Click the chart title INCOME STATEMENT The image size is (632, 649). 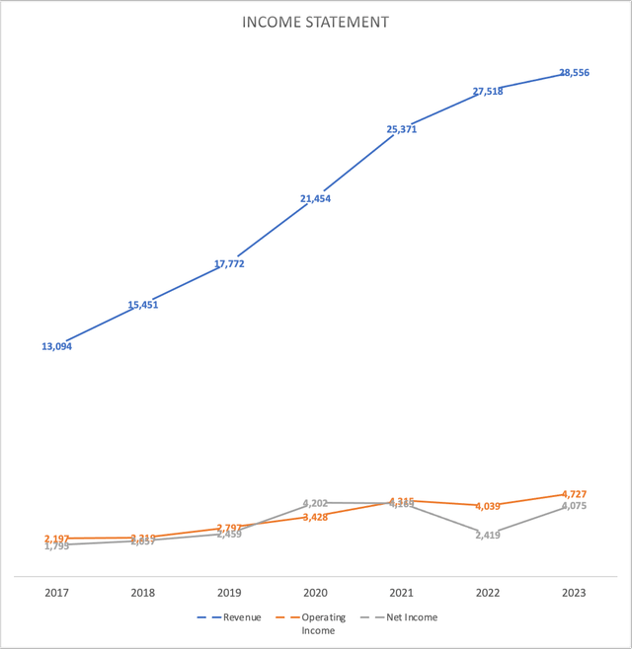[x=315, y=22]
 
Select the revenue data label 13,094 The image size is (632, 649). [x=56, y=346]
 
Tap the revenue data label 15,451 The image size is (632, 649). [x=142, y=305]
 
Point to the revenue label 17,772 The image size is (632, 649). [x=228, y=263]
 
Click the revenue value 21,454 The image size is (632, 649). [x=315, y=198]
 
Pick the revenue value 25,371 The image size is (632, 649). [x=401, y=129]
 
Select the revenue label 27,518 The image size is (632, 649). [x=488, y=92]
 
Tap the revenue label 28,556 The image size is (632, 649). [x=574, y=73]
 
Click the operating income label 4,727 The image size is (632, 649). [x=574, y=493]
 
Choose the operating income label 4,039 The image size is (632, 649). [x=488, y=506]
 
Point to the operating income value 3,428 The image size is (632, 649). [x=315, y=517]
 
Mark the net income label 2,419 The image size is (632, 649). [x=488, y=536]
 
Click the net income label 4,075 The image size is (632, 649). [x=574, y=506]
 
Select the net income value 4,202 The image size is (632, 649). [x=315, y=503]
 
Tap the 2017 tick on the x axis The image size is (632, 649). [x=56, y=593]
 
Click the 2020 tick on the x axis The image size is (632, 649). [x=315, y=593]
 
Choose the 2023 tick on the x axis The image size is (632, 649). [x=574, y=593]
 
